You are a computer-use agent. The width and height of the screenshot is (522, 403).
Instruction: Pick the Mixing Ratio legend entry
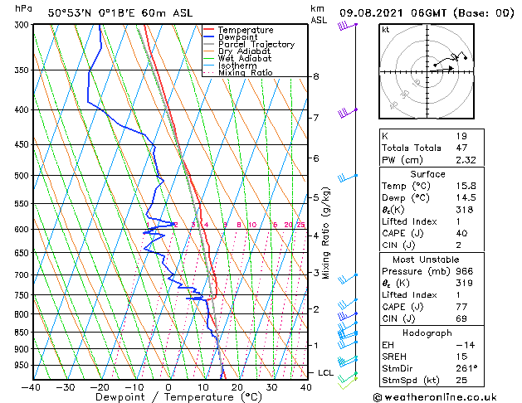pyautogui.click(x=246, y=73)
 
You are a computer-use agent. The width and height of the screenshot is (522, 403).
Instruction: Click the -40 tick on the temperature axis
pyautogui.click(x=32, y=386)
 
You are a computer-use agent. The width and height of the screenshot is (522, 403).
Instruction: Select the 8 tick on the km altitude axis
pyautogui.click(x=316, y=76)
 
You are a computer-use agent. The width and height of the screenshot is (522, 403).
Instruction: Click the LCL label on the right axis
pyautogui.click(x=325, y=373)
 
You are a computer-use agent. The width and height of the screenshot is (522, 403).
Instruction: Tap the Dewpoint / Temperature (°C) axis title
pyautogui.click(x=168, y=397)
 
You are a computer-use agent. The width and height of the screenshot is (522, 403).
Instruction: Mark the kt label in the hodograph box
pyautogui.click(x=386, y=29)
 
